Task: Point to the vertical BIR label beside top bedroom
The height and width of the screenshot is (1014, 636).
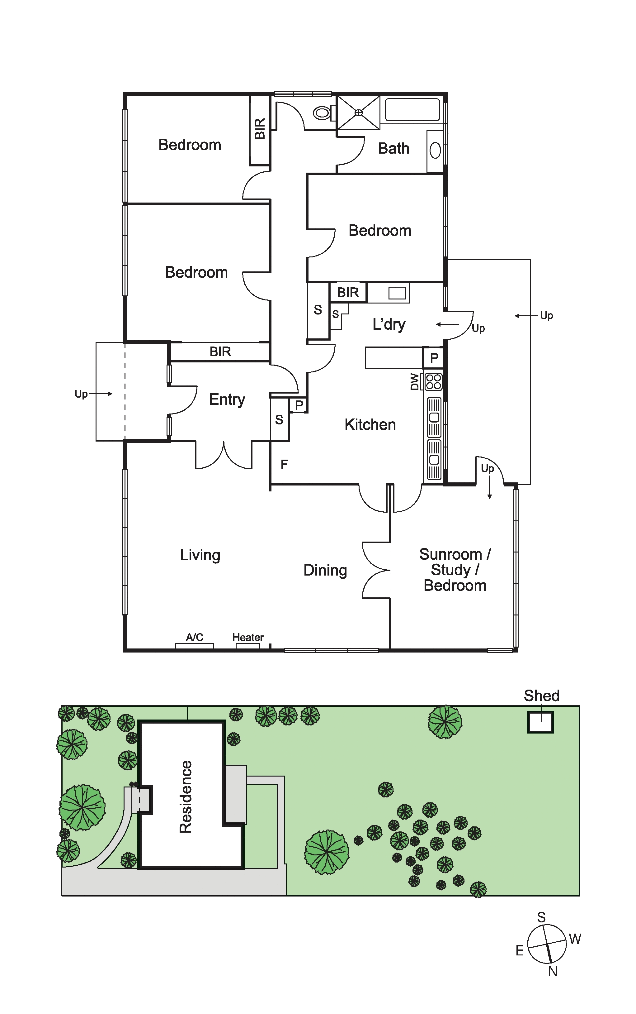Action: [260, 129]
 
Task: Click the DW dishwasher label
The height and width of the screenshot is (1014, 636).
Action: [415, 382]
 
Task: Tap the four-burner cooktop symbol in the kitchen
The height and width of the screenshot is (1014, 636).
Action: [434, 382]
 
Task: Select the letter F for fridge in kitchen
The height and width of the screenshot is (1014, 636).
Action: [284, 465]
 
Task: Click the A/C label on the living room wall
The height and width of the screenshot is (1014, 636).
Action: [195, 637]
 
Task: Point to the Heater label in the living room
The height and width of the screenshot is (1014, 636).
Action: [248, 637]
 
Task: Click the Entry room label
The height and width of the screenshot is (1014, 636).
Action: [227, 399]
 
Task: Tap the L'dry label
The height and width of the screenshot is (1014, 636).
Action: [389, 324]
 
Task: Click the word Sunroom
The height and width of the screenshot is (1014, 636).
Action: [450, 554]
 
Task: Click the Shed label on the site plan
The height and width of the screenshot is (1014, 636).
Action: [541, 696]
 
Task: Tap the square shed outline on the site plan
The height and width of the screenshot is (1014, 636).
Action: [540, 722]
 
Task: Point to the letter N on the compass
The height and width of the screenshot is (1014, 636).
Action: [553, 972]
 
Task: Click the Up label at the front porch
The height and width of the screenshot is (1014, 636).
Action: [81, 394]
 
